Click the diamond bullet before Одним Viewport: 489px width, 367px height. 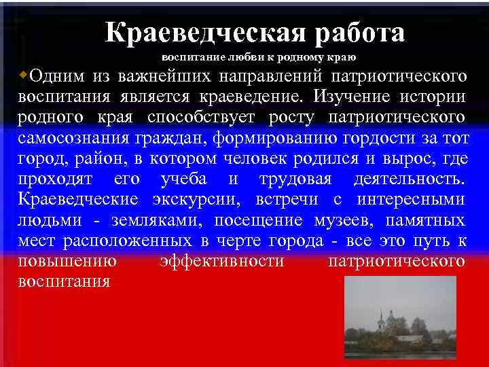pos(24,73)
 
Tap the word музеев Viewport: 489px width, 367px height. pos(346,221)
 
